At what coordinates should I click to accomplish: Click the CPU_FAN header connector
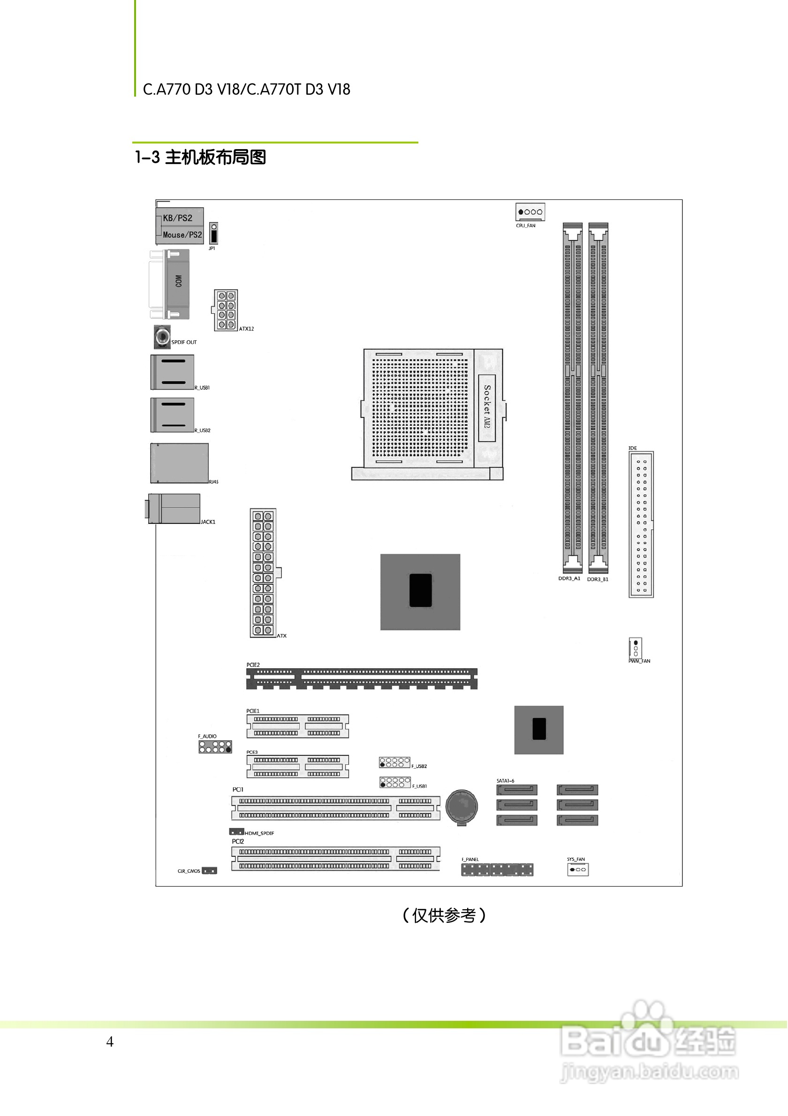530,212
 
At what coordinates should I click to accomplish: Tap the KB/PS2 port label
177,218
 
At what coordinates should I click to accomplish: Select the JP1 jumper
213,234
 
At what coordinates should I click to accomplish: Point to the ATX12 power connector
226,310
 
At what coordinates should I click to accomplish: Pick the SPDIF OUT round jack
162,336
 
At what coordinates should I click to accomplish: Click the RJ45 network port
179,463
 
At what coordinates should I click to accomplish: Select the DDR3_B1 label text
598,580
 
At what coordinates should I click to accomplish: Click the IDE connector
641,524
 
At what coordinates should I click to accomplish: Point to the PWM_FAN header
636,648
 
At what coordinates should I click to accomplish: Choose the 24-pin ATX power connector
263,573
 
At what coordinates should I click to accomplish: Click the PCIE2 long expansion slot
362,679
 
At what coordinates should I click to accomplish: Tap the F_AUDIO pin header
215,747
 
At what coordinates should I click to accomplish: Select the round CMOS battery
462,807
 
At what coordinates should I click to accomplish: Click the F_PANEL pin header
497,869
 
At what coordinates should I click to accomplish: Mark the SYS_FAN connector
577,869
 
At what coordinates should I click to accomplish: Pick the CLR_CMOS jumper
210,871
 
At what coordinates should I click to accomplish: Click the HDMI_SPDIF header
237,832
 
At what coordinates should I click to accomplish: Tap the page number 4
110,1041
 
